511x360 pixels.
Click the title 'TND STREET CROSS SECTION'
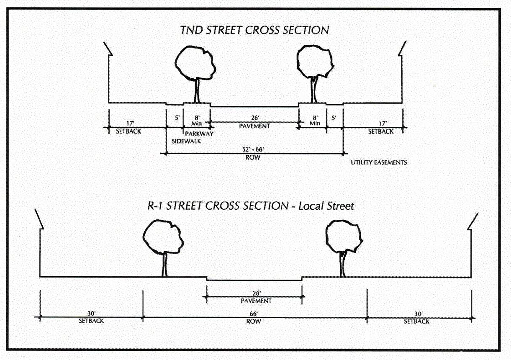[x=254, y=30]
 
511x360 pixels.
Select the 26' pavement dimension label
[x=255, y=118]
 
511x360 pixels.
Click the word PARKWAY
[x=200, y=134]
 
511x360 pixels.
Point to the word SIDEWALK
[x=187, y=141]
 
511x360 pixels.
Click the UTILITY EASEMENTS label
[x=379, y=162]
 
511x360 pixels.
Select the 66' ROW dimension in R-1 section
[x=254, y=314]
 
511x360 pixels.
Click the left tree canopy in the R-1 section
[x=163, y=237]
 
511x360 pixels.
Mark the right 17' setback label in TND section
[x=381, y=124]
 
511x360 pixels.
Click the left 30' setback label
[x=91, y=314]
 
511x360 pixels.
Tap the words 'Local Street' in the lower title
[x=328, y=206]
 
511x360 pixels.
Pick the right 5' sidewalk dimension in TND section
[x=334, y=118]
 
